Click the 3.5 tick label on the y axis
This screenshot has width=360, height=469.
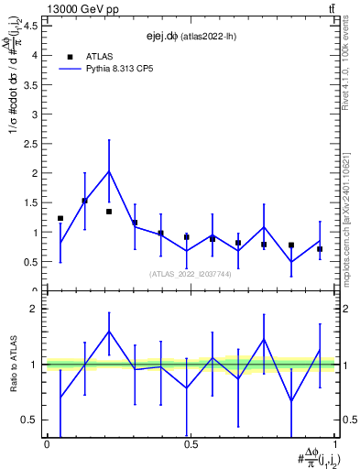coord(30,84)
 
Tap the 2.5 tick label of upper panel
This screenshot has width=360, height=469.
coord(30,144)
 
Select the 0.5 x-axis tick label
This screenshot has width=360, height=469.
coord(190,444)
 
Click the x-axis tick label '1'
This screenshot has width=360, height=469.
coord(334,444)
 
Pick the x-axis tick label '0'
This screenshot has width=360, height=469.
coord(47,444)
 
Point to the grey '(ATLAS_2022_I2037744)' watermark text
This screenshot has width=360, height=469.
coord(190,274)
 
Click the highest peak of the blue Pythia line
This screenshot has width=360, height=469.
coord(109,170)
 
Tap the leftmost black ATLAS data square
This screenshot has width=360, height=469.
coord(60,218)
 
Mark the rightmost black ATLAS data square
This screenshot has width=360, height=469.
coord(320,249)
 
